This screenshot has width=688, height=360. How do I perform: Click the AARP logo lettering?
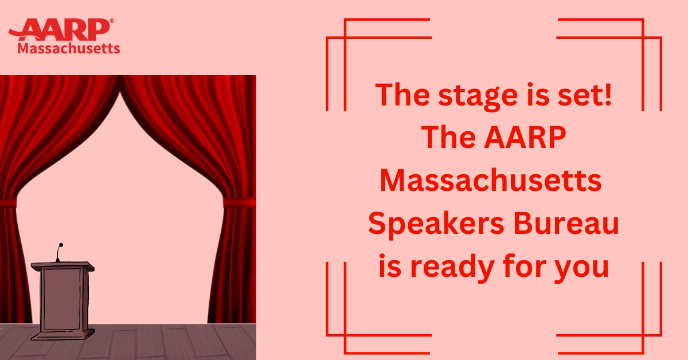pos(59,29)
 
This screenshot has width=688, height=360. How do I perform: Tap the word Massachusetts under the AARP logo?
pos(69,49)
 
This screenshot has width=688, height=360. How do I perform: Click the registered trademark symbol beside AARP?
pos(112,21)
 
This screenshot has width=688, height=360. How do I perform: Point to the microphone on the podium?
pos(59,252)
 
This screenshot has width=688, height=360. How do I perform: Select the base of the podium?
pos(62,335)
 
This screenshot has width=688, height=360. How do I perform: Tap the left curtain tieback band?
pos(8,202)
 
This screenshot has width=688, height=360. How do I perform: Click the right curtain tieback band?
pos(239,203)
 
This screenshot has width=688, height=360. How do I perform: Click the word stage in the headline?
pos(478,96)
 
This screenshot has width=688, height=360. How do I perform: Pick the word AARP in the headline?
pos(525,138)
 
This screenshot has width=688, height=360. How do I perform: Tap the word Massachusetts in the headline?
pos(491,181)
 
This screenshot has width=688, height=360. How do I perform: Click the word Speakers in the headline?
pos(436,224)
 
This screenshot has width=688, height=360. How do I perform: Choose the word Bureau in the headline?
pos(566,224)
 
